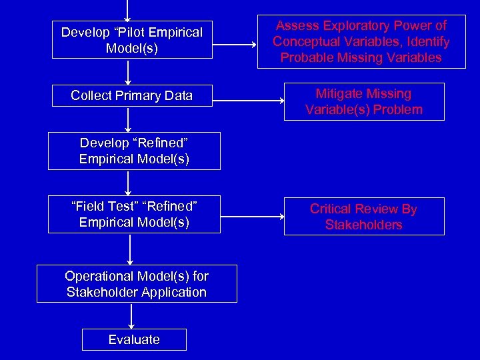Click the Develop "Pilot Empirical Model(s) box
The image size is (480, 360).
point(131,40)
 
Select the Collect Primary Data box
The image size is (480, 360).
point(131,95)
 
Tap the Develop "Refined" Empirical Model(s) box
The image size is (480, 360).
point(134,151)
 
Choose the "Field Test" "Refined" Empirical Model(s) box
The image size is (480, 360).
point(134,214)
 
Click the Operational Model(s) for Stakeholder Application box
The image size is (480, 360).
point(137,284)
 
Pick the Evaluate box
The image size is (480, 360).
point(134,339)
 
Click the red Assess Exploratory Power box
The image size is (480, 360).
point(361,41)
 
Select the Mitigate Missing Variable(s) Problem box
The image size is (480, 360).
point(363,101)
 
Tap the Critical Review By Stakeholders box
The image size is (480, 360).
point(363,217)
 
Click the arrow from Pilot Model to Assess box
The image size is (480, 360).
point(235,45)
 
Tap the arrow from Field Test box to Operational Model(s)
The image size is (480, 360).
point(130,249)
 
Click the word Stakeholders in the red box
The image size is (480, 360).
point(363,225)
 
